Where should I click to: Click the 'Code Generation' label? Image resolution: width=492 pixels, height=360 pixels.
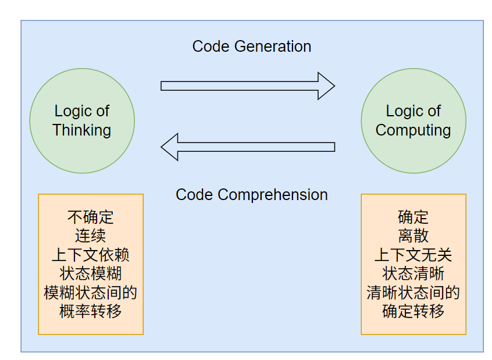coord(251,47)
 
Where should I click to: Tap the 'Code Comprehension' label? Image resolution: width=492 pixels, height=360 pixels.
coord(251,194)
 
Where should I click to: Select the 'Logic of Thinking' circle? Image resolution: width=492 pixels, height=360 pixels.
coord(82,120)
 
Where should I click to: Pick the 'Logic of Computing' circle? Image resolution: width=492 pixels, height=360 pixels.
coord(413,120)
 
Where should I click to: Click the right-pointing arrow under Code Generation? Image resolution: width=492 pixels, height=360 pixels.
coord(248,86)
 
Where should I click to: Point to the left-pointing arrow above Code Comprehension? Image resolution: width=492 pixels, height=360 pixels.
coord(248,147)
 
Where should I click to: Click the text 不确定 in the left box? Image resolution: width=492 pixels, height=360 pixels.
coord(91,217)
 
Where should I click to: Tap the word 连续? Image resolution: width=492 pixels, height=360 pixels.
coord(91,236)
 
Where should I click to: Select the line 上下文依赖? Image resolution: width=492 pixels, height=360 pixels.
coord(91,255)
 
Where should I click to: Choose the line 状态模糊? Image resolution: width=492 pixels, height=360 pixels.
coord(91,273)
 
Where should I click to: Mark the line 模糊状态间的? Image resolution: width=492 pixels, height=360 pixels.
coord(91,292)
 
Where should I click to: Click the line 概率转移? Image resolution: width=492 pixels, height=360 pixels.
coord(91,311)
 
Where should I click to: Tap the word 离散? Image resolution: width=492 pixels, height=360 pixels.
coord(413,236)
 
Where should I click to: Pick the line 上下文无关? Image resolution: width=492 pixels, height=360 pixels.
coord(413,255)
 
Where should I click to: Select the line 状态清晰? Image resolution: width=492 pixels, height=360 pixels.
coord(413,273)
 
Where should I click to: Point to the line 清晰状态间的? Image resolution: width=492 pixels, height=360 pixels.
coord(413,292)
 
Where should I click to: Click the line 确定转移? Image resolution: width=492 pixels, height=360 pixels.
coord(413,311)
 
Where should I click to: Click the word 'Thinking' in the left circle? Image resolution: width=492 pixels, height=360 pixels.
coord(82,130)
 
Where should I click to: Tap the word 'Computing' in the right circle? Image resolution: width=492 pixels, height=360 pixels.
coord(413,130)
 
